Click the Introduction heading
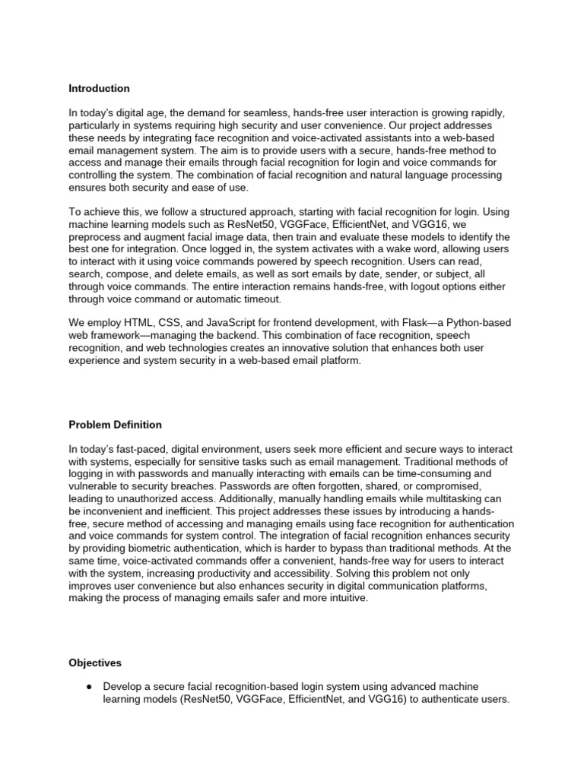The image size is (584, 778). [x=99, y=88]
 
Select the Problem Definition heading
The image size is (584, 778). [x=115, y=425]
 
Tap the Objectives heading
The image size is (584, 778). [x=94, y=663]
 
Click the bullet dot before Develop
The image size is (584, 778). [x=88, y=686]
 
